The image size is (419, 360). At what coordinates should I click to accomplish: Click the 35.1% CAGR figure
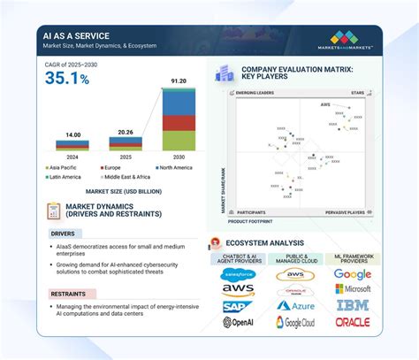pos(67,79)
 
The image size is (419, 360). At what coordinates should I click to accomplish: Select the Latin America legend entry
pos(66,177)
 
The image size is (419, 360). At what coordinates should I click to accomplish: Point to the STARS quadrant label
pos(358,92)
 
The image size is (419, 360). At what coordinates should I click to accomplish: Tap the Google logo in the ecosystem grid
pos(352,274)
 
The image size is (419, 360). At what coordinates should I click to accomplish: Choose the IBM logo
pos(352,306)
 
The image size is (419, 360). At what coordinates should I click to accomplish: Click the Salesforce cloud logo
pos(238,274)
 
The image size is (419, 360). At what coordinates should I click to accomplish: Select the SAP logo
pos(238,305)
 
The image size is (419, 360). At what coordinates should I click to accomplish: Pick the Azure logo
pos(294,305)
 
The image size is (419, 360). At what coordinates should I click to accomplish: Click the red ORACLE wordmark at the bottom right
pos(352,322)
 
